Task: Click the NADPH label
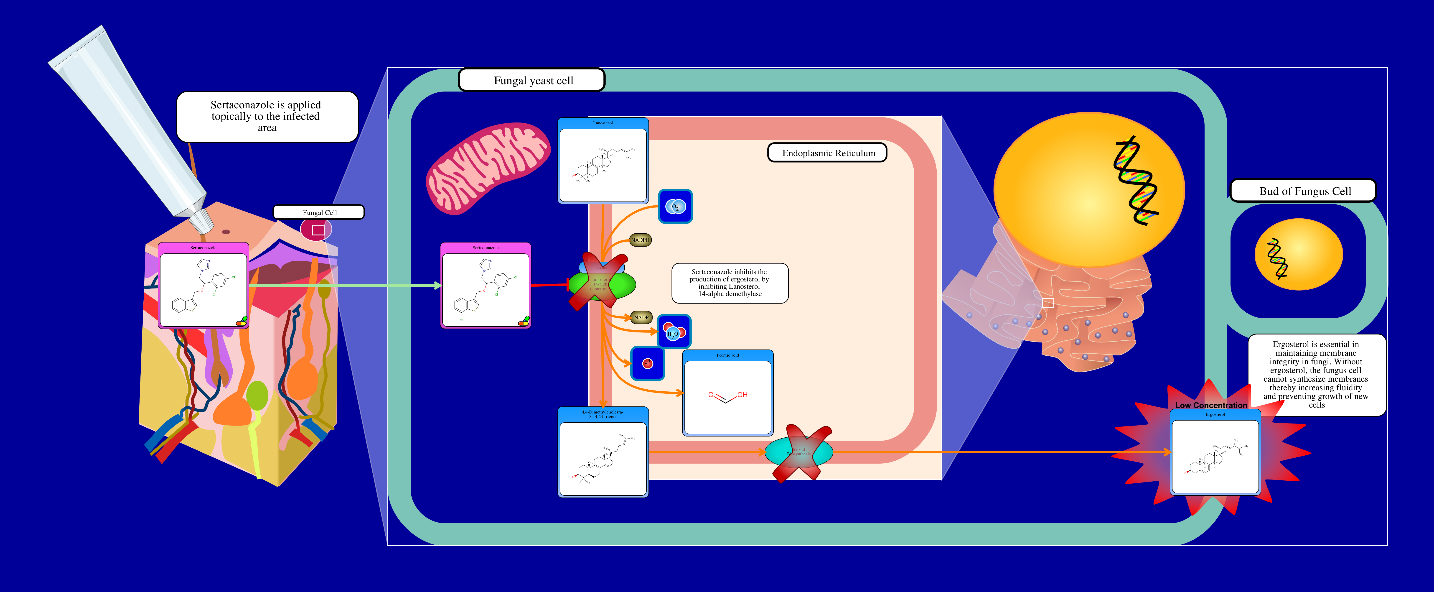640,240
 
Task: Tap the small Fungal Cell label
319,212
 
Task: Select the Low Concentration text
1211,405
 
